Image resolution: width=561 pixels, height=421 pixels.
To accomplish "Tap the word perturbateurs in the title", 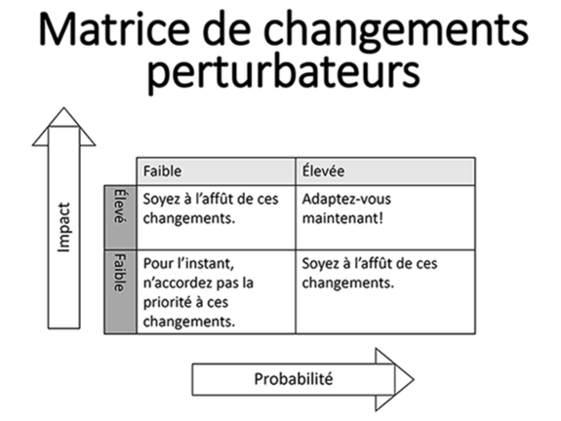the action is click(x=283, y=72).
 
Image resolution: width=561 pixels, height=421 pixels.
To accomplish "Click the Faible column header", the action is click(x=162, y=171).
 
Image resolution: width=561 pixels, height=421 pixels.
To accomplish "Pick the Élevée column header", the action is click(x=324, y=171).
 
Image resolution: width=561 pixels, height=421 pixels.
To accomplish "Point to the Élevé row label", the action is click(x=120, y=206).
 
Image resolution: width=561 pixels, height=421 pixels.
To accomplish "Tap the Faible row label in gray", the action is click(x=120, y=272).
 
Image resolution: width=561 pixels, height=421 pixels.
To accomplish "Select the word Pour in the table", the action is click(x=157, y=264).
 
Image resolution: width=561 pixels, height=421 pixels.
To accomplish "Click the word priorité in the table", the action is click(x=167, y=303).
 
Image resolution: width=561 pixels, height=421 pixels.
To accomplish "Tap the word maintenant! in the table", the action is click(x=342, y=218).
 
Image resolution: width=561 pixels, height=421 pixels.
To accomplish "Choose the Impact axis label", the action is click(x=64, y=227).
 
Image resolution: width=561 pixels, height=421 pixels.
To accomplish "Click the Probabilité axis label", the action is click(x=294, y=379).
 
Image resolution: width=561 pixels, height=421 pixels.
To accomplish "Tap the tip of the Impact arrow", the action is click(x=64, y=107).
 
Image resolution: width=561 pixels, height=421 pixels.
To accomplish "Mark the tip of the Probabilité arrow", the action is click(x=414, y=379).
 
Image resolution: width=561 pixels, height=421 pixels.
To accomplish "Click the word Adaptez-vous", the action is click(x=346, y=200).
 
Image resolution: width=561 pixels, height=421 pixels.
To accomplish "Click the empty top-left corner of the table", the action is click(x=120, y=171).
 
